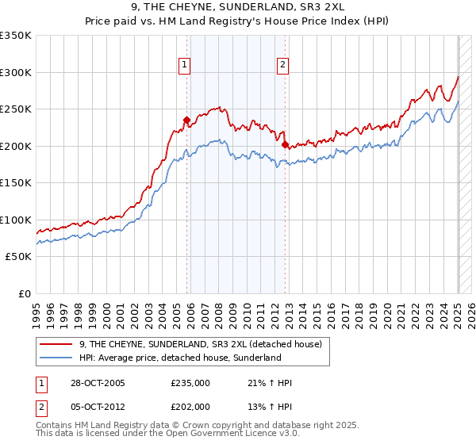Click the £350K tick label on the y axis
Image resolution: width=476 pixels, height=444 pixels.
pos(16,36)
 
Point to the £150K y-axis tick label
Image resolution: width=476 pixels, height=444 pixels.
pos(16,182)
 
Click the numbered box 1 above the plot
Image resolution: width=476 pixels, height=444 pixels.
pos(185,66)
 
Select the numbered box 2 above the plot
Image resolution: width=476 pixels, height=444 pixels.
pos(282,66)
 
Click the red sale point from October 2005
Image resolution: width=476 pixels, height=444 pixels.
pos(187,121)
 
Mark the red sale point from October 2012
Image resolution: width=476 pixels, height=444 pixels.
pos(285,145)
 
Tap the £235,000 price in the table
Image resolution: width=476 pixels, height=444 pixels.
pos(190,383)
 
